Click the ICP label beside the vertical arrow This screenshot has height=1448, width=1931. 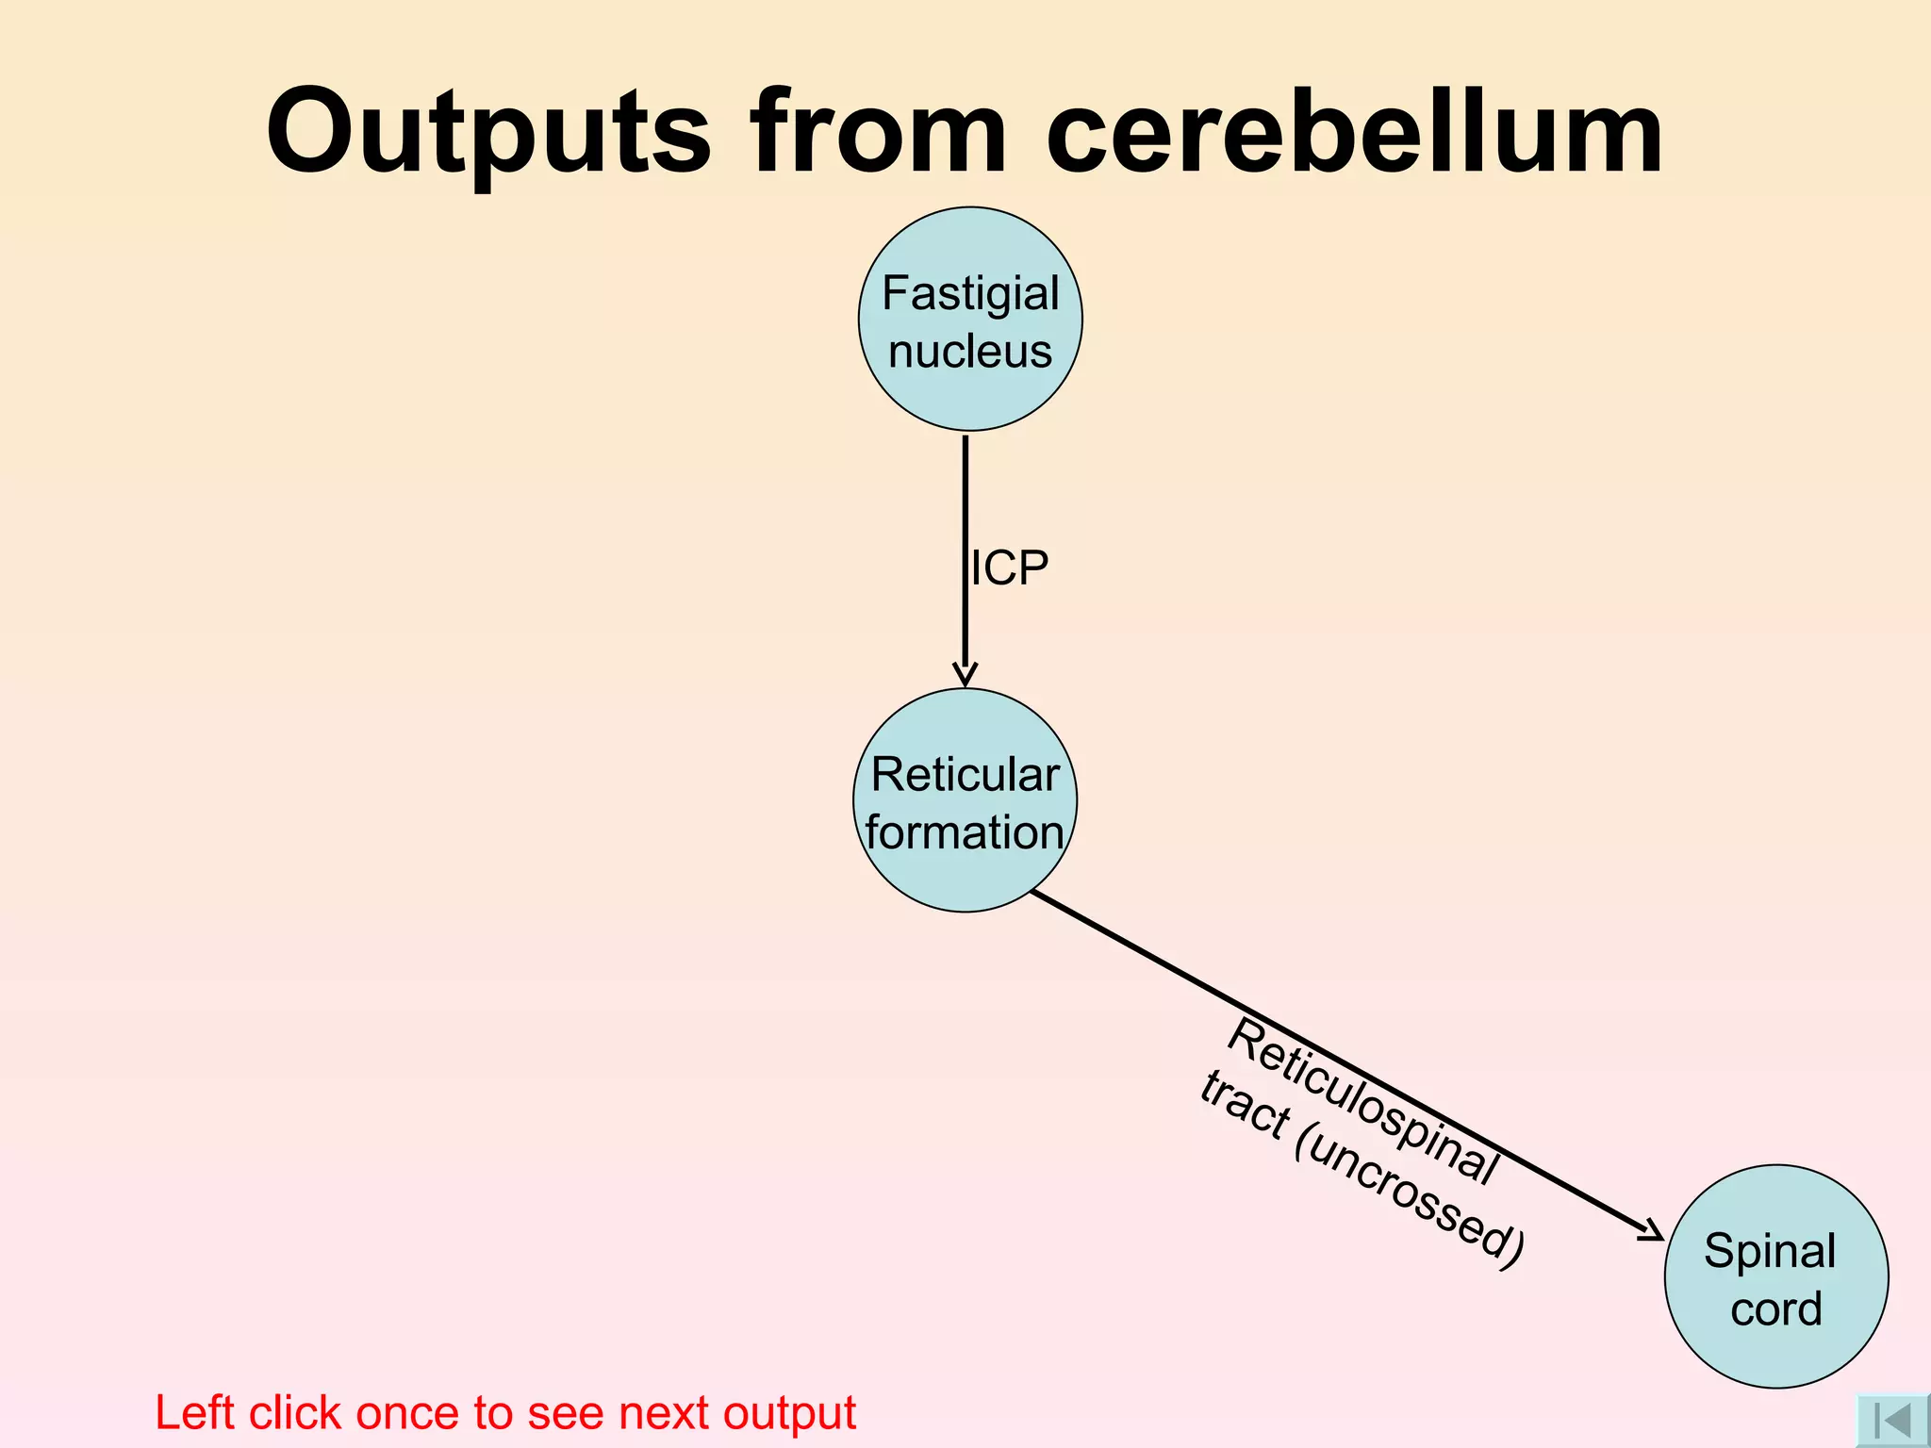(x=1010, y=568)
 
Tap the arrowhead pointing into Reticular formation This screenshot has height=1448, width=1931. (x=965, y=674)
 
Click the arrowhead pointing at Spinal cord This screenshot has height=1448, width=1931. (x=1653, y=1230)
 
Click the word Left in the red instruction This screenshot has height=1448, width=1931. (x=194, y=1412)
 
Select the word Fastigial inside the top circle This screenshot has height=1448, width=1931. (x=970, y=293)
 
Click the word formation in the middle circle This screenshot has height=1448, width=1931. (x=965, y=832)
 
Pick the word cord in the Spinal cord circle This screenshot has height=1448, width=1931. (x=1776, y=1308)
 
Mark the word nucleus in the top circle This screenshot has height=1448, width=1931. (x=970, y=352)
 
